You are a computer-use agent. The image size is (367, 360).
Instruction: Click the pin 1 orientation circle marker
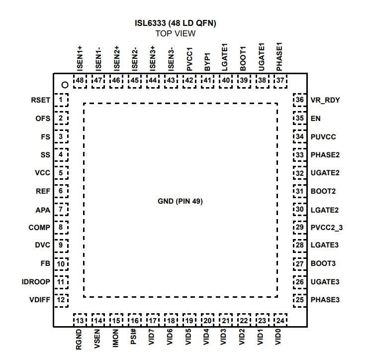click(65, 85)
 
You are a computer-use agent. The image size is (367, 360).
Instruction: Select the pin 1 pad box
click(61, 100)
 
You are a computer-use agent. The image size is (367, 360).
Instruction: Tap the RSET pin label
click(40, 100)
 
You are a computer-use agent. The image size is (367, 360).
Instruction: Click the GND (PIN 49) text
click(180, 201)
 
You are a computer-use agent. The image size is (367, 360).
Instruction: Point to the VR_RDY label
click(325, 100)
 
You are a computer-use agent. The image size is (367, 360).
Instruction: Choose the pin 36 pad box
click(300, 100)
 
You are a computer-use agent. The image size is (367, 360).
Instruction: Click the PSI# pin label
click(133, 337)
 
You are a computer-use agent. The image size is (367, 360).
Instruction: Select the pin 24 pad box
click(280, 320)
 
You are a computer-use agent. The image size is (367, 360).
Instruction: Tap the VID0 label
click(278, 337)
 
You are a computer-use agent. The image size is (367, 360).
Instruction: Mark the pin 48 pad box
click(80, 81)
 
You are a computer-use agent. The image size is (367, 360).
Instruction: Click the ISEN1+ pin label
click(80, 59)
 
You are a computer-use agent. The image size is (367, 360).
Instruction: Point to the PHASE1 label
click(279, 57)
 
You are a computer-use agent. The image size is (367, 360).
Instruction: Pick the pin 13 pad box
click(80, 320)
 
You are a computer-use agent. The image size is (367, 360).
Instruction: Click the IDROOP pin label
click(36, 282)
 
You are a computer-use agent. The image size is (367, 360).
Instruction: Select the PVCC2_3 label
click(327, 228)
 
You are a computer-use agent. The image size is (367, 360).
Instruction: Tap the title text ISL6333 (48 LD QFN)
click(176, 23)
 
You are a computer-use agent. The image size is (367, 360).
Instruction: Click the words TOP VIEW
click(176, 33)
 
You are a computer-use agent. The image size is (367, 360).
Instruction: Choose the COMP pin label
click(39, 228)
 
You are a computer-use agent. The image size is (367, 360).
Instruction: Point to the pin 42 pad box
click(189, 81)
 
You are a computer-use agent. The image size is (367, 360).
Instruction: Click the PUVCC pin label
click(323, 137)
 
